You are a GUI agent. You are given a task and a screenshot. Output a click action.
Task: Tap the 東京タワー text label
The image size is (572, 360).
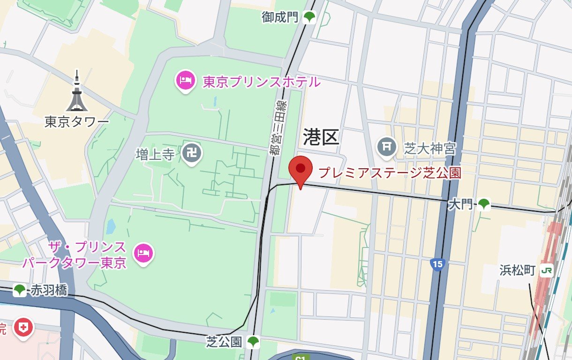[77, 122]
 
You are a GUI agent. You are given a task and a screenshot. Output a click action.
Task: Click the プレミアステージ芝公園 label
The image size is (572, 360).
[390, 173]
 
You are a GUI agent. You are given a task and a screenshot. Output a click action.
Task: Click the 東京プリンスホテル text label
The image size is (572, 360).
[262, 82]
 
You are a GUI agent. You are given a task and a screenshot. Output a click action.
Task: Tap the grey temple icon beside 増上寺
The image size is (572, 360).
[192, 153]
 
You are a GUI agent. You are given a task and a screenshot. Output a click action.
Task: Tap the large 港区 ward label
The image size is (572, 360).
[321, 137]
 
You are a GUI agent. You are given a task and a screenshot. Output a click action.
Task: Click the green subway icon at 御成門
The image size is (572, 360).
[309, 18]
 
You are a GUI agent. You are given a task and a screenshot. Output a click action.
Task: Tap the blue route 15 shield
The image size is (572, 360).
[437, 264]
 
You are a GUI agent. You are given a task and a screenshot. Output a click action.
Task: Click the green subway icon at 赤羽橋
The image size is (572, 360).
[20, 290]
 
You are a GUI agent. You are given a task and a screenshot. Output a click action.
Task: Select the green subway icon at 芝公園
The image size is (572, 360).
[253, 342]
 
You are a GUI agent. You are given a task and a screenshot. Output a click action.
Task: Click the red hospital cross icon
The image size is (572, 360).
[22, 327]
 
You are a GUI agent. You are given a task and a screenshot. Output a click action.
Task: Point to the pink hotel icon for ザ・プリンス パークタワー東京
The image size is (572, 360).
[143, 254]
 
